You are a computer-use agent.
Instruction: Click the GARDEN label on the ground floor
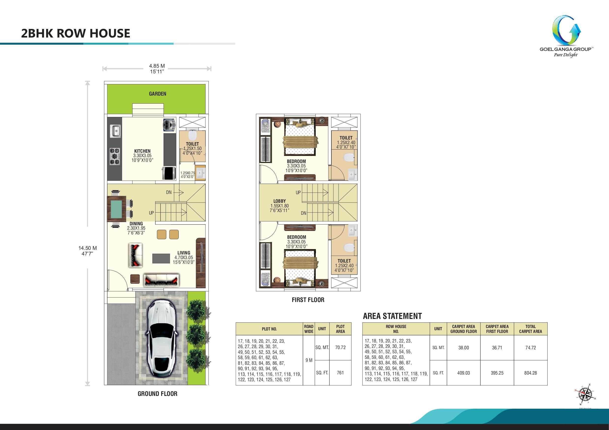click(x=158, y=94)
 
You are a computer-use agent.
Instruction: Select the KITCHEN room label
click(x=142, y=151)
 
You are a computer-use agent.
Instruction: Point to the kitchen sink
click(x=115, y=131)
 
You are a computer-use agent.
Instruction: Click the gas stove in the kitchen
click(x=115, y=156)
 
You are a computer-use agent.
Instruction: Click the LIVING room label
click(x=184, y=253)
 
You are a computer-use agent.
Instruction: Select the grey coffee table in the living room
click(x=161, y=258)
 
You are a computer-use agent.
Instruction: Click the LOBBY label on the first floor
click(x=280, y=201)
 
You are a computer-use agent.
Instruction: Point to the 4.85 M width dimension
click(x=157, y=66)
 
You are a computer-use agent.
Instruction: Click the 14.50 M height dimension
click(x=88, y=248)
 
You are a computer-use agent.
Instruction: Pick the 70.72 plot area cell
click(x=340, y=347)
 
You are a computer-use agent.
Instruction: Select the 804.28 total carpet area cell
click(x=530, y=373)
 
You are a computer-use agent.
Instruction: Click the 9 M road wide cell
click(x=309, y=360)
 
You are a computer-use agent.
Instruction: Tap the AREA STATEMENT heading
click(x=392, y=316)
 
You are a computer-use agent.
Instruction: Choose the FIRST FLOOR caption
click(x=308, y=300)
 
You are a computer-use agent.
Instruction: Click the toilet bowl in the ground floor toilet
click(x=192, y=135)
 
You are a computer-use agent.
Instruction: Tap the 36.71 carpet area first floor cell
click(x=497, y=348)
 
